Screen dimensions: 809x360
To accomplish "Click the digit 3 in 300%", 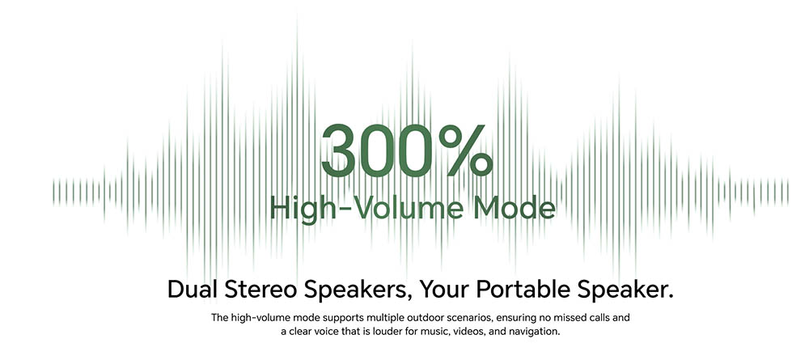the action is [338, 150].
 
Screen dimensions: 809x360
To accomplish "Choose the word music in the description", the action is [433, 332].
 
